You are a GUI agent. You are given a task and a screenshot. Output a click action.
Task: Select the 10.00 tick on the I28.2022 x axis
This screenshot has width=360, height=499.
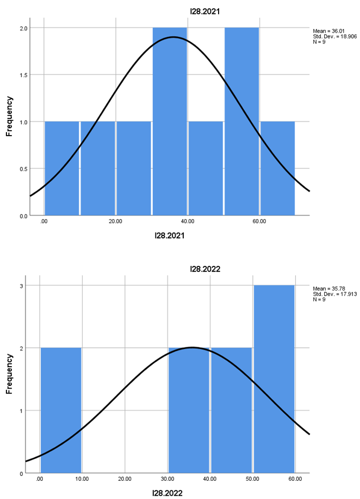pyautogui.click(x=82, y=479)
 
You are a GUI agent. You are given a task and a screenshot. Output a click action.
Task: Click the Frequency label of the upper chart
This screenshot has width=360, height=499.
pyautogui.click(x=9, y=116)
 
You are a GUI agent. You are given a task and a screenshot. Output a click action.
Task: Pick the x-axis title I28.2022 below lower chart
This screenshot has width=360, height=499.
pyautogui.click(x=168, y=493)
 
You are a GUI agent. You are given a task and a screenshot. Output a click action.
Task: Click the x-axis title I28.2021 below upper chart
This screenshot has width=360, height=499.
pyautogui.click(x=169, y=235)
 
